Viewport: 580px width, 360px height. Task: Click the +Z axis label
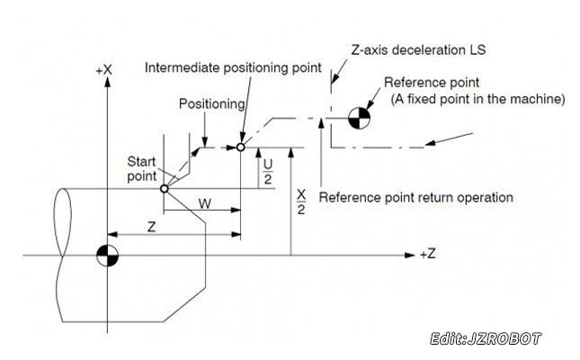point(427,256)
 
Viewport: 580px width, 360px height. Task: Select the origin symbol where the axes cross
point(107,256)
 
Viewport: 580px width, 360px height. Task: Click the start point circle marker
point(164,189)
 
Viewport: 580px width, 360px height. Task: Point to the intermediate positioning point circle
point(241,145)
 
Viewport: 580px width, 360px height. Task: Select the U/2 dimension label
point(268,170)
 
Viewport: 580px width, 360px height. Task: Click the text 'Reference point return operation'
point(415,196)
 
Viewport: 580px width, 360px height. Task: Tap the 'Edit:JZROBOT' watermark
point(486,339)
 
